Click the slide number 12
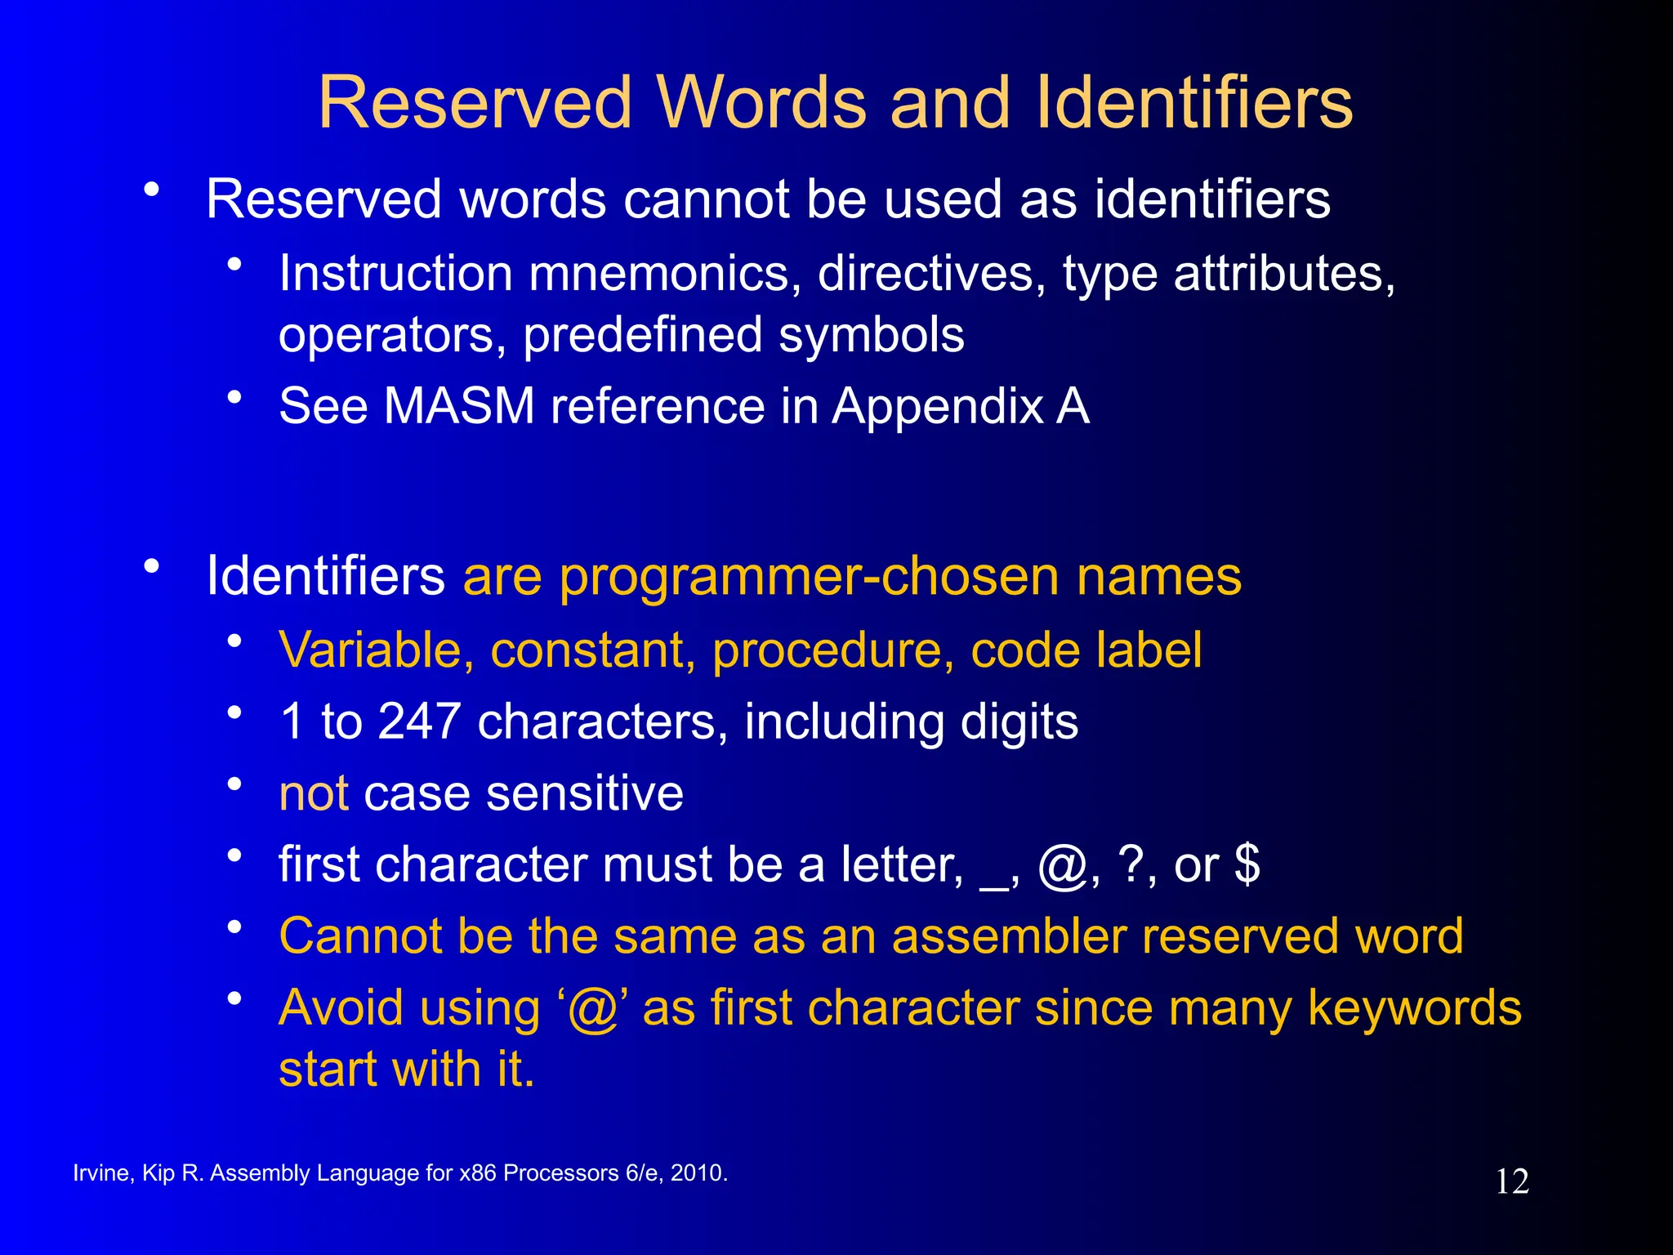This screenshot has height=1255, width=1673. (x=1512, y=1181)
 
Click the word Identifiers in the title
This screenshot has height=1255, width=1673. (x=1194, y=103)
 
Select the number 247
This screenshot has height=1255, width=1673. (x=419, y=721)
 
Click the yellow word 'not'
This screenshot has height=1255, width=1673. (x=314, y=793)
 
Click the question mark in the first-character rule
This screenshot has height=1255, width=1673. (x=1133, y=864)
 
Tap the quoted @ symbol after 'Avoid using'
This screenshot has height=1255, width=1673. (x=592, y=1008)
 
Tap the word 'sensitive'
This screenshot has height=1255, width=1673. (x=584, y=793)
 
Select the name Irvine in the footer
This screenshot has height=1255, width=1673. (x=100, y=1173)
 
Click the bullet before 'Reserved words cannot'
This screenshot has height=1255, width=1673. (x=151, y=190)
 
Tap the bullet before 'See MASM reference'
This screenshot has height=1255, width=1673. (x=235, y=398)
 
